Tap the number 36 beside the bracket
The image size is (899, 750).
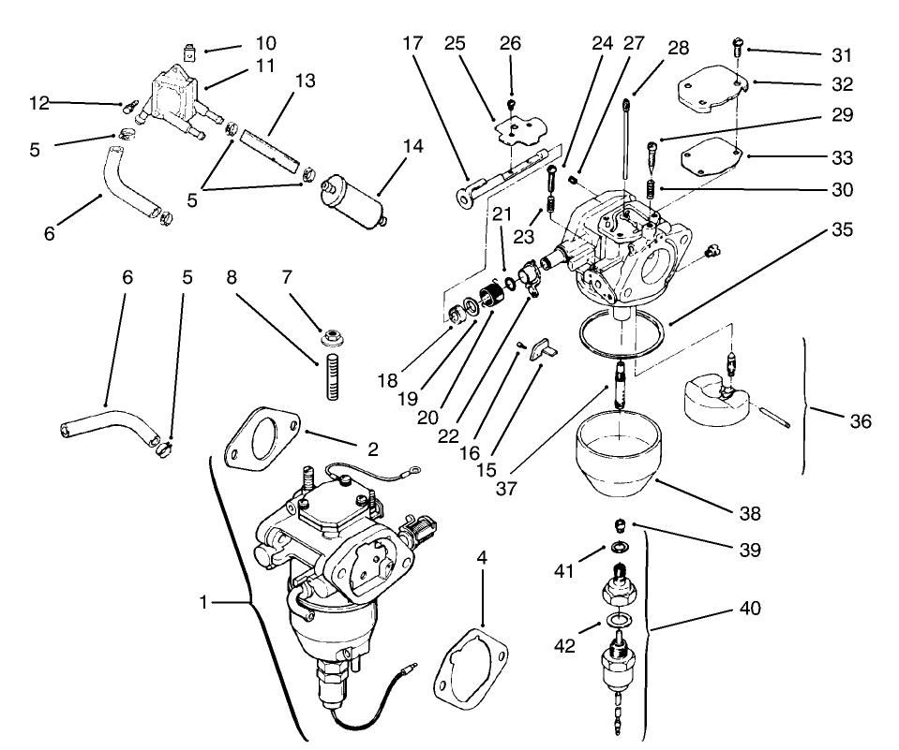[x=859, y=421]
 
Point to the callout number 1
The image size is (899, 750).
[x=202, y=603]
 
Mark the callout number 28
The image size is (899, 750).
[x=679, y=48]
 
